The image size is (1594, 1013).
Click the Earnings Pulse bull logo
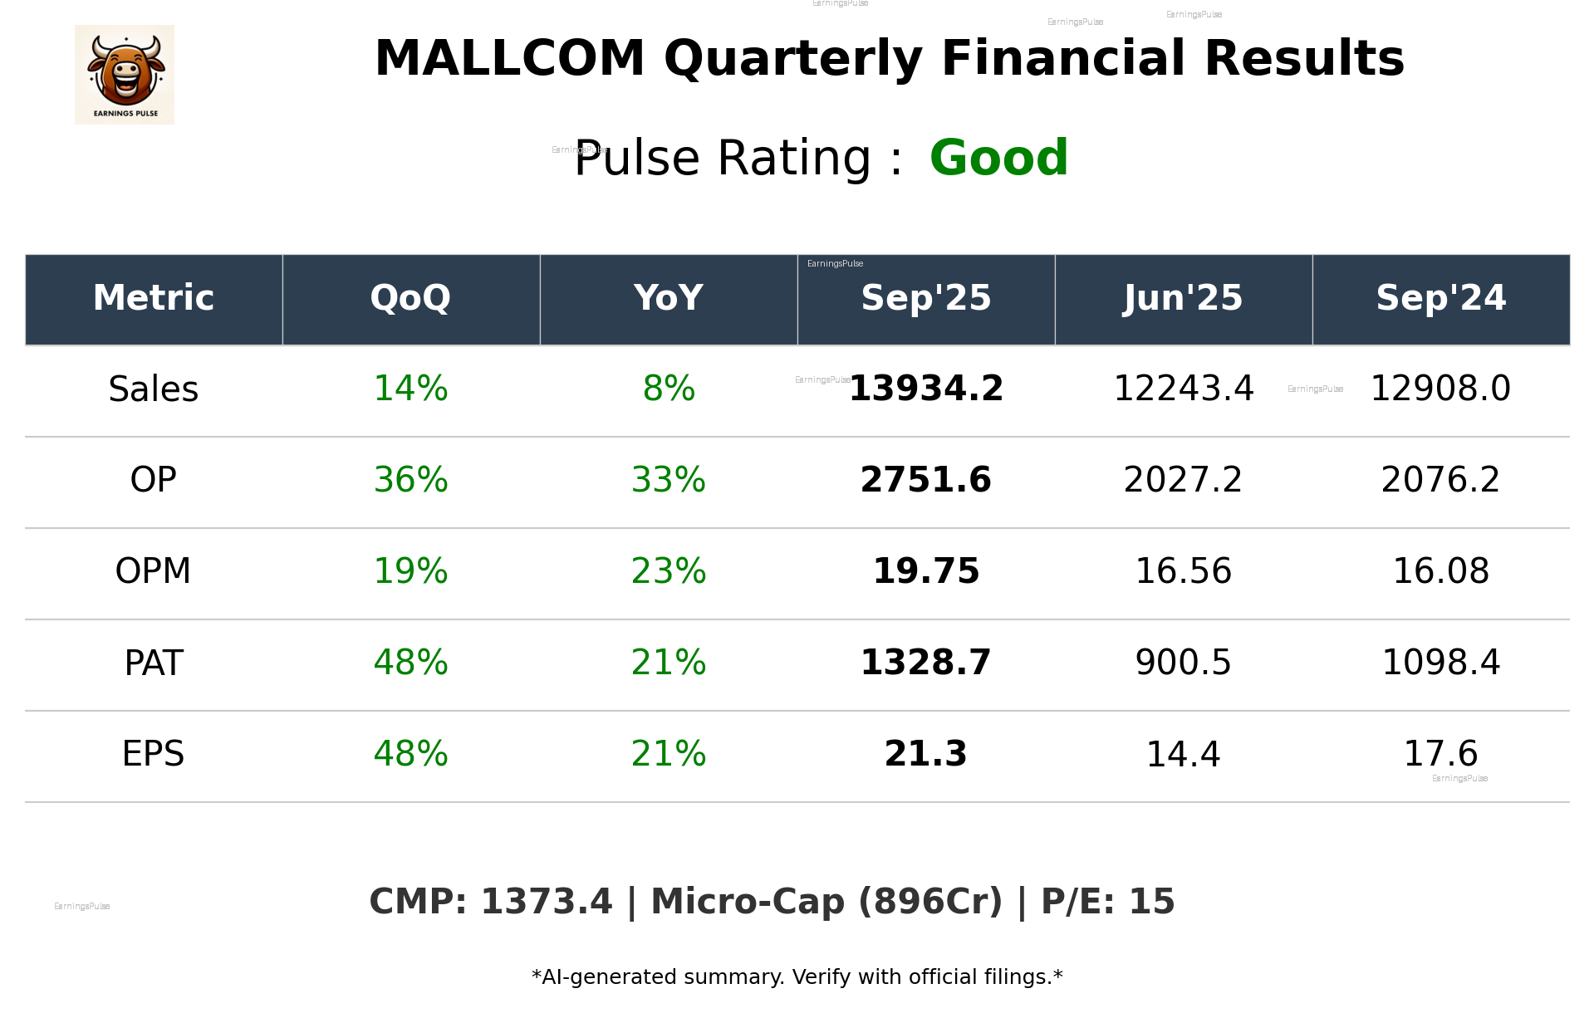125,75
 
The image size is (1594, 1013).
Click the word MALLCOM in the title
509,59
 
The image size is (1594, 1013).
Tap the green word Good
998,158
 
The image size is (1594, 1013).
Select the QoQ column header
410,298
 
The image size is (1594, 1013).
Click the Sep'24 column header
1440,298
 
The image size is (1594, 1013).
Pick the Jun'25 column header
1183,298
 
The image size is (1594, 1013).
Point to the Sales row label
154,389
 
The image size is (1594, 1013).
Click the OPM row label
154,571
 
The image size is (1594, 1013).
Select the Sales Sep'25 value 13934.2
925,389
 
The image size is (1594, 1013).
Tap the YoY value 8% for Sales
669,389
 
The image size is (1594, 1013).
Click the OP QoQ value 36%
410,480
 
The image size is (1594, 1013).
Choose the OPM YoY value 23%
669,571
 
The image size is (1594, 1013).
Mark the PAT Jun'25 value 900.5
1183,663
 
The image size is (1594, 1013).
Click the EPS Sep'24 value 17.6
1440,754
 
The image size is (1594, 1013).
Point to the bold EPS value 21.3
925,754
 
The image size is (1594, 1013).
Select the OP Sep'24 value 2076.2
1440,480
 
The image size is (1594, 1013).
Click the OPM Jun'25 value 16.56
1183,571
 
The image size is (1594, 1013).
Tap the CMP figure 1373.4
546,902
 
